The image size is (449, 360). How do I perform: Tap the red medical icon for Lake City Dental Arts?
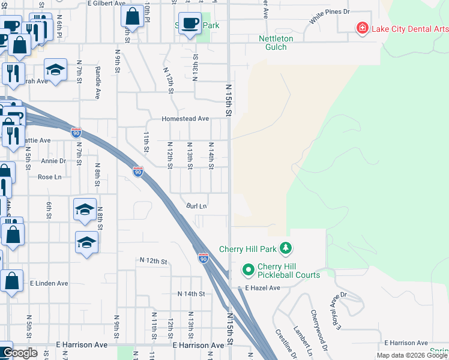[x=362, y=28]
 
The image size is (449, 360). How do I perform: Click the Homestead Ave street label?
[x=185, y=119]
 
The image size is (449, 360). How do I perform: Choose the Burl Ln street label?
[x=196, y=206]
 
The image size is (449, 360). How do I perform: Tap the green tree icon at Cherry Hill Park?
[x=286, y=248]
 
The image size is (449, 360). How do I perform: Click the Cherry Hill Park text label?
[x=247, y=249]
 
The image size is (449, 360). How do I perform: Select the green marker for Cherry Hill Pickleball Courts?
[x=247, y=271]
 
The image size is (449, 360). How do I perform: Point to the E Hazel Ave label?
[x=262, y=288]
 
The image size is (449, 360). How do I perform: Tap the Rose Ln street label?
[x=49, y=177]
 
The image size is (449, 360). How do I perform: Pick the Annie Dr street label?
[x=53, y=161]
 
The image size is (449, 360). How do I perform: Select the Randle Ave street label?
[x=97, y=82]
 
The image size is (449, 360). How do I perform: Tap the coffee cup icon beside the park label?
[x=190, y=23]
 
